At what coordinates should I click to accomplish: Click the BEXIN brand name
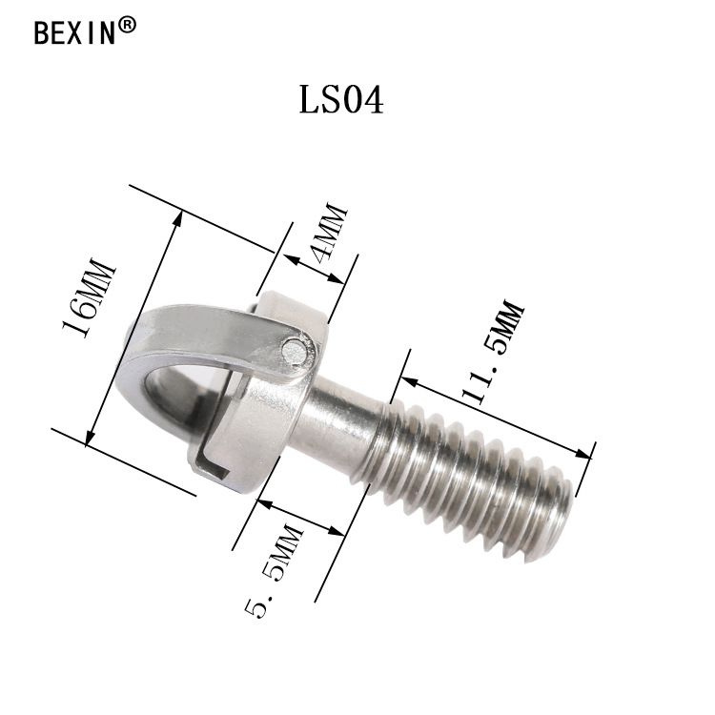74,31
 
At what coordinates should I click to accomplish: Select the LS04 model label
341,99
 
